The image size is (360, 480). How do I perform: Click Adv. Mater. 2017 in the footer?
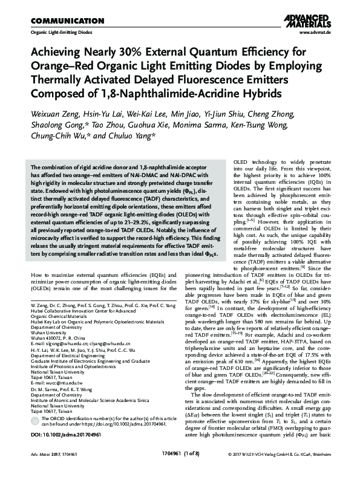click(x=38, y=470)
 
